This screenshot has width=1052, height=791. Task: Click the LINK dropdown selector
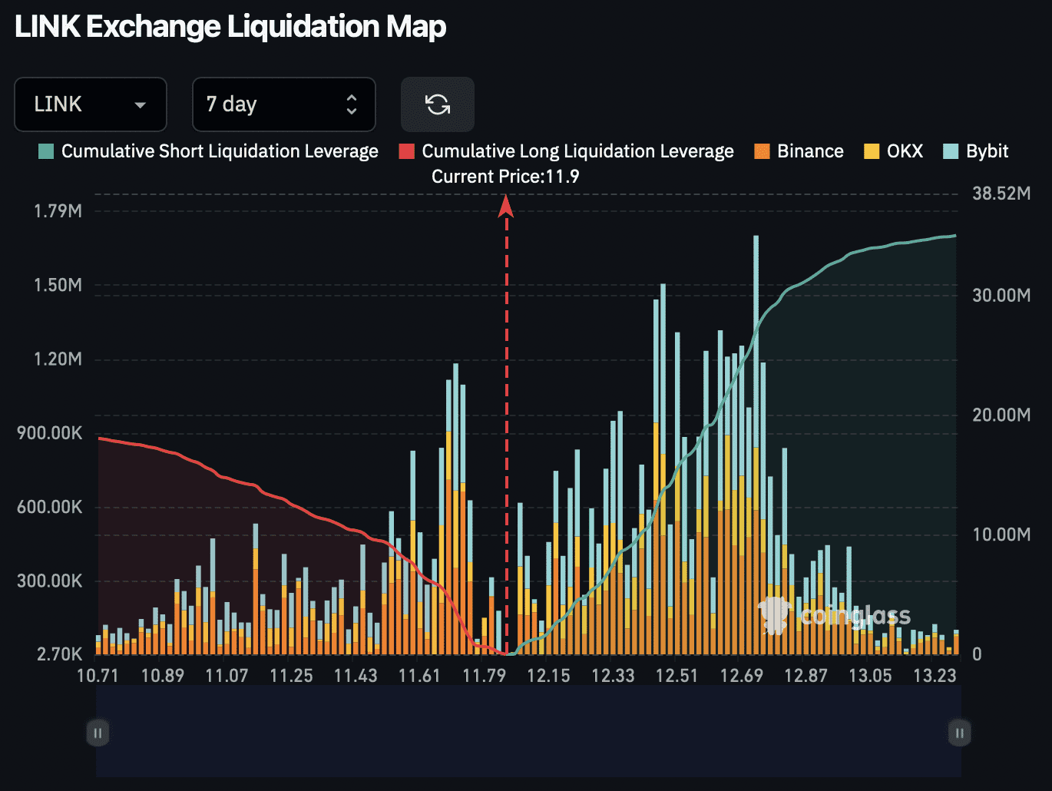pyautogui.click(x=90, y=104)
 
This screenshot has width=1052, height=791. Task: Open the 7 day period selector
pyautogui.click(x=283, y=104)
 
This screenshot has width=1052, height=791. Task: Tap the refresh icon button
pyautogui.click(x=438, y=104)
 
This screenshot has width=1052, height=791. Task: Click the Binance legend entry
pyautogui.click(x=799, y=151)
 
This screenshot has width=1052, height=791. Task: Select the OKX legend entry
pyautogui.click(x=894, y=151)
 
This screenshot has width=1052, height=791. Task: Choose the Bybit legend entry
pyautogui.click(x=976, y=151)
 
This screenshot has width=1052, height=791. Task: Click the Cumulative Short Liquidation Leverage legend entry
pyautogui.click(x=209, y=151)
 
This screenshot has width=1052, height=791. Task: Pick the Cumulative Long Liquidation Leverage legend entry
pyautogui.click(x=567, y=151)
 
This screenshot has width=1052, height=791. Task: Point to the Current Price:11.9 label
pyautogui.click(x=505, y=177)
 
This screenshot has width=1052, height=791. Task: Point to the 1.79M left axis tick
pyautogui.click(x=58, y=211)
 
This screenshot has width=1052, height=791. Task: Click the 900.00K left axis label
pyautogui.click(x=50, y=433)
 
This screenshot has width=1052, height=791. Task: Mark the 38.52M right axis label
pyautogui.click(x=1001, y=194)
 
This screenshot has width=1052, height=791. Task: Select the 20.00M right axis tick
pyautogui.click(x=1001, y=415)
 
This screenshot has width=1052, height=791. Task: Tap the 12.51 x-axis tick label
pyautogui.click(x=677, y=676)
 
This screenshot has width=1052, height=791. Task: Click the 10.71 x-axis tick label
pyautogui.click(x=98, y=676)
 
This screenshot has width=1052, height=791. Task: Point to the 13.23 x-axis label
pyautogui.click(x=935, y=676)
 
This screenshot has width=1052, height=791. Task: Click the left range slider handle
pyautogui.click(x=98, y=733)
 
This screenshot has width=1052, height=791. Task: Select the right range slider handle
pyautogui.click(x=959, y=733)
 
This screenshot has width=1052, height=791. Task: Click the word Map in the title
pyautogui.click(x=415, y=27)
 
